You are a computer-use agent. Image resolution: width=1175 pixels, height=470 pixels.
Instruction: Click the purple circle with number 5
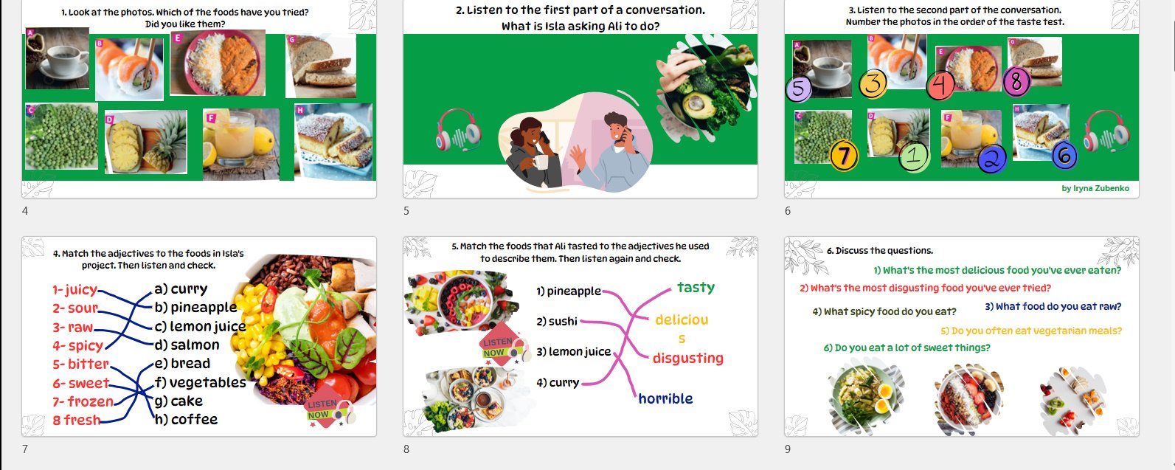[x=798, y=88]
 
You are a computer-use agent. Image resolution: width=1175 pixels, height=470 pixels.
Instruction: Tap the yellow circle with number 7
[x=844, y=156]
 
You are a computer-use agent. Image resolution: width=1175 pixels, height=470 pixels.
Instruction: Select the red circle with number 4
[x=940, y=86]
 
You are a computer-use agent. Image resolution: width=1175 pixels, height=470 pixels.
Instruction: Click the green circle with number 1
[x=914, y=155]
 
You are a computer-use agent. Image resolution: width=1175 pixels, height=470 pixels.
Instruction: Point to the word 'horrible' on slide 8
[x=665, y=398]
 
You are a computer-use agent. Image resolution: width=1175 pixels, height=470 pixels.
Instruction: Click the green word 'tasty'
[x=696, y=288]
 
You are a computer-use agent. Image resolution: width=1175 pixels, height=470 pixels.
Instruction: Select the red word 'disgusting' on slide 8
[x=687, y=359]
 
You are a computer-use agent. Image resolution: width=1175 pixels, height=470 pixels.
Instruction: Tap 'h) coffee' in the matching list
[x=186, y=419]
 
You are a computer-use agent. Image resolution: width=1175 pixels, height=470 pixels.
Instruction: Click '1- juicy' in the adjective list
[x=75, y=289]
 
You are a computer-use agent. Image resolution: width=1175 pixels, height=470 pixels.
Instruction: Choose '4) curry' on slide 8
[x=558, y=382]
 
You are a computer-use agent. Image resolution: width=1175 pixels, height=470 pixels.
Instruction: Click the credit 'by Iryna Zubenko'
[x=1095, y=188]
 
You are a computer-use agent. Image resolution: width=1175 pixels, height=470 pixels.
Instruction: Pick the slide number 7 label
[x=24, y=449]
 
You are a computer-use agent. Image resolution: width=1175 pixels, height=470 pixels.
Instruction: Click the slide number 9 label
[x=787, y=449]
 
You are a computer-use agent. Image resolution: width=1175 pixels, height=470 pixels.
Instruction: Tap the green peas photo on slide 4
[x=61, y=136]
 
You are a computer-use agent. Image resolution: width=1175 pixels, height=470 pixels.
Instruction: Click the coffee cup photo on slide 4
[x=58, y=58]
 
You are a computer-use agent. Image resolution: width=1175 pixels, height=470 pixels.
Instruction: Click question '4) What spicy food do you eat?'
[x=884, y=311]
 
